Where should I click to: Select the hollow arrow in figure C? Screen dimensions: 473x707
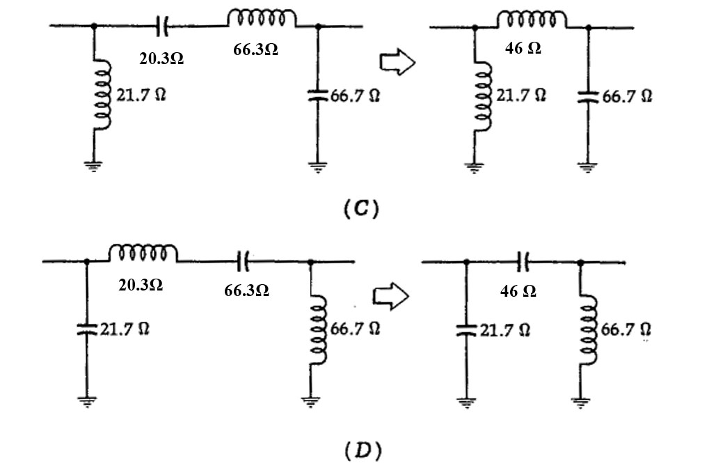(397, 63)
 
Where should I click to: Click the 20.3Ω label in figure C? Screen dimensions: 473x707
(161, 59)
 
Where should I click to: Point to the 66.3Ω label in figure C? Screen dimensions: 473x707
(255, 50)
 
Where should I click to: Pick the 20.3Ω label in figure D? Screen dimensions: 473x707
(141, 284)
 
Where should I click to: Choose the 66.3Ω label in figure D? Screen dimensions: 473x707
(246, 290)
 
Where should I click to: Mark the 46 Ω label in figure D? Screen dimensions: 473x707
(518, 292)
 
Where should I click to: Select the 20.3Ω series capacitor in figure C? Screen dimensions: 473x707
(161, 27)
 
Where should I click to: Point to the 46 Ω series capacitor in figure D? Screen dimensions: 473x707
(524, 261)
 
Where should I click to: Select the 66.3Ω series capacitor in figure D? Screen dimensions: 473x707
(243, 261)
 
